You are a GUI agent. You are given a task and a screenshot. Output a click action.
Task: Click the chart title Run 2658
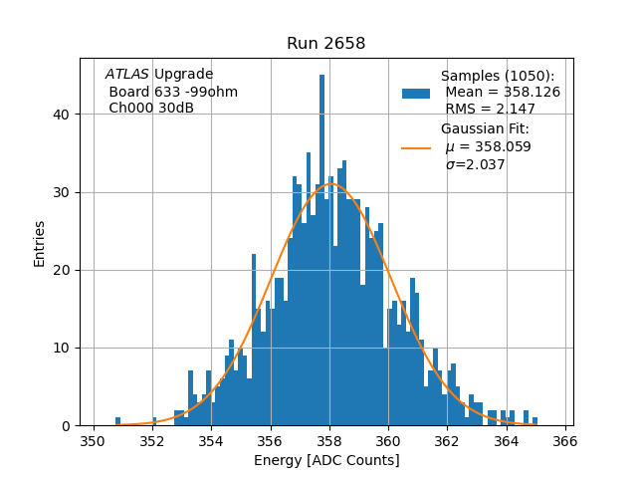325,44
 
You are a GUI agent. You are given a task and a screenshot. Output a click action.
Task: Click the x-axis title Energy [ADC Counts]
326,460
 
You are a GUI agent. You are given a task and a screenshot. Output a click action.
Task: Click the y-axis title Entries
40,242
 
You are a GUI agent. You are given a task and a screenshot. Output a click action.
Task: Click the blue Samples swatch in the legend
416,93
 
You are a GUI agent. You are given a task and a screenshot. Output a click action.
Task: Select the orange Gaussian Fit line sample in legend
416,147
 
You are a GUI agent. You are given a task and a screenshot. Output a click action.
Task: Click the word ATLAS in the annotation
126,74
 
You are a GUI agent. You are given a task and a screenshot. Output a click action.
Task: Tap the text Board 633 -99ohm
173,92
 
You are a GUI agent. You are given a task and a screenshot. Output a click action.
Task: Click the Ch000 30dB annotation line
151,108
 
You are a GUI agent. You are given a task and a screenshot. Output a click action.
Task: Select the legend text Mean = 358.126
502,92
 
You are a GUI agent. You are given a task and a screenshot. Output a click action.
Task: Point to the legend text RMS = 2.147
491,109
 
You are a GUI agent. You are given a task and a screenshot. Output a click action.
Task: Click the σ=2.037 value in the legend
475,164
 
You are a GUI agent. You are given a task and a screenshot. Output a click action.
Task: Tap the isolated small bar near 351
117,421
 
